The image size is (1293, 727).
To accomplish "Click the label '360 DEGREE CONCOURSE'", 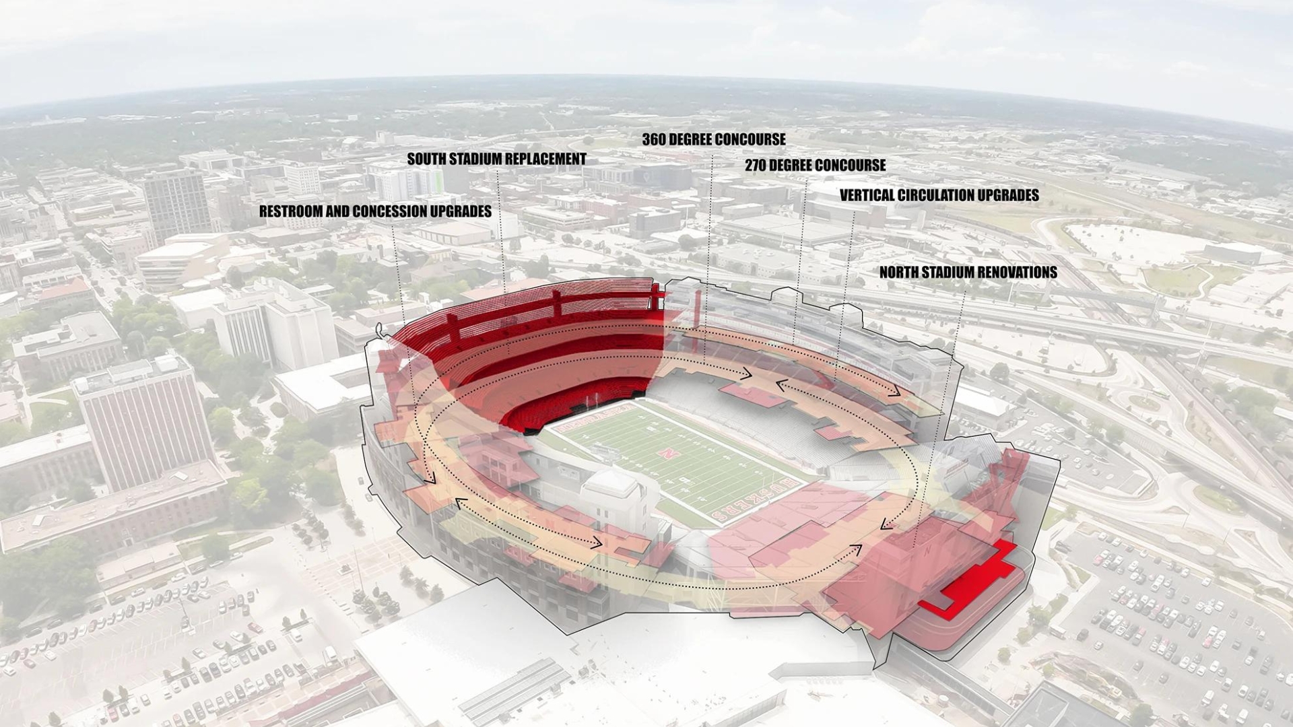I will point(713,139).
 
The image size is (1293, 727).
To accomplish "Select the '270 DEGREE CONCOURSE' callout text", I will point(815,165).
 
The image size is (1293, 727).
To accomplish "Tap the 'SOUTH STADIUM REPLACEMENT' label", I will point(496,159).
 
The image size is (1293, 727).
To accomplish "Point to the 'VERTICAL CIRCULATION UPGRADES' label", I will point(939,195).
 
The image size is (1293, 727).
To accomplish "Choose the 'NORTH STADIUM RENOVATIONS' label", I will point(968,272).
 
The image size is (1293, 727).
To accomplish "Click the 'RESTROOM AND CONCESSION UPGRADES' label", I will point(375,211).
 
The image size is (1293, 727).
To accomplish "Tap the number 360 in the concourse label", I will point(654,139).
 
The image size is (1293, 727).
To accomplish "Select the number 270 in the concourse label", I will point(756,165).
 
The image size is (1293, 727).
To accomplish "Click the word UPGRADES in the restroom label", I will point(460,211).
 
